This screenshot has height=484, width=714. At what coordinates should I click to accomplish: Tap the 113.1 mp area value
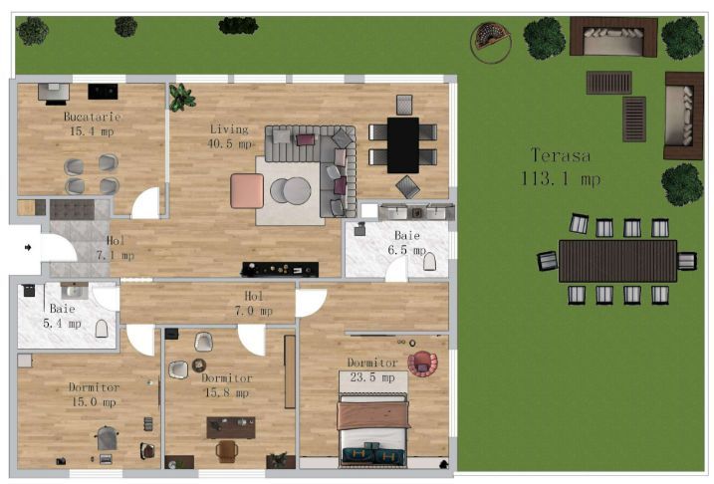(560, 179)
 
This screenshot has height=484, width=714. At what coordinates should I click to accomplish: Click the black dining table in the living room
(402, 144)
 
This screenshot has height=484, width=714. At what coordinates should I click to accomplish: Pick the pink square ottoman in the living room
(247, 190)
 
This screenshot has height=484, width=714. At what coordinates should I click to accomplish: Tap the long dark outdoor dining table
(617, 261)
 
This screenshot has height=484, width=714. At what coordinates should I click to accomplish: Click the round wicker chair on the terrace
(490, 41)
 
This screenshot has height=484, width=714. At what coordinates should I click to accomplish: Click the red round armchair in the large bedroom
(422, 363)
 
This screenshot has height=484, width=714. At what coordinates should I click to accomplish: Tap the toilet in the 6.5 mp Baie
(430, 262)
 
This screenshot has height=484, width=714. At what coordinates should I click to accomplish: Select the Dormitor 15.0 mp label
(94, 387)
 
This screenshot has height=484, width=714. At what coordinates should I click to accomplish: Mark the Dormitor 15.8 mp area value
(225, 392)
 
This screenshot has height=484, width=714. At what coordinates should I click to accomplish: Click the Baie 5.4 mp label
(62, 310)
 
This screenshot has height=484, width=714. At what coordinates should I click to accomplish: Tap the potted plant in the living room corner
(181, 97)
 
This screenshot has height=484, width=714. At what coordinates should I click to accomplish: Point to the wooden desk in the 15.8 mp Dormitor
(230, 427)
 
